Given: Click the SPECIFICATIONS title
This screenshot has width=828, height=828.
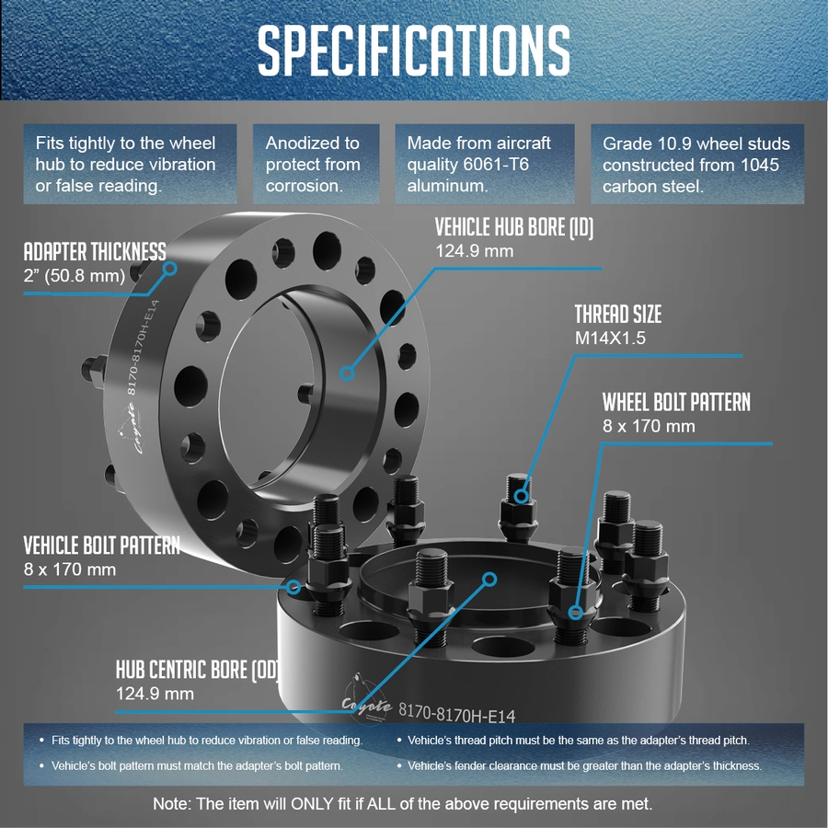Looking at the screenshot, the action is (x=413, y=51).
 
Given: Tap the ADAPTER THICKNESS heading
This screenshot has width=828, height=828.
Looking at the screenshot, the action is (x=95, y=252).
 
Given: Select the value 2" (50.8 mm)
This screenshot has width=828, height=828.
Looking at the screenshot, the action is (x=75, y=276).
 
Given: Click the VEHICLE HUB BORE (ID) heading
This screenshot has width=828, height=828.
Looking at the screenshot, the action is (x=514, y=227).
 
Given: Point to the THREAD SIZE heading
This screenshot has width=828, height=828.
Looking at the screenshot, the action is (x=618, y=315).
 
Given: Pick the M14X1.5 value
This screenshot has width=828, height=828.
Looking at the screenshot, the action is (x=610, y=338).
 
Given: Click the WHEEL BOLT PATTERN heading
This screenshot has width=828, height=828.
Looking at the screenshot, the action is (x=676, y=402).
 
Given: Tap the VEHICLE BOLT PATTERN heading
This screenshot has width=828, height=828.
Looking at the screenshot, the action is (x=102, y=546).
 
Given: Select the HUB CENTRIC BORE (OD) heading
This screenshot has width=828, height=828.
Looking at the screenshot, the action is (x=198, y=670).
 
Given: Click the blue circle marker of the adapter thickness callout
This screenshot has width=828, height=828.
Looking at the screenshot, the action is (x=169, y=269).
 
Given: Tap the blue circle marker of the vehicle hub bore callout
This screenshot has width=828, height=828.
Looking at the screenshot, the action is (x=347, y=374).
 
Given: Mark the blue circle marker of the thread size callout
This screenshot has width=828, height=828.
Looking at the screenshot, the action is (x=522, y=496).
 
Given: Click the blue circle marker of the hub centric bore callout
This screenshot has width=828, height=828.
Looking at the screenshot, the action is (x=489, y=580).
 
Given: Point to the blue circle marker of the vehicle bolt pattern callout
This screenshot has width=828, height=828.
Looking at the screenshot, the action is (x=293, y=587).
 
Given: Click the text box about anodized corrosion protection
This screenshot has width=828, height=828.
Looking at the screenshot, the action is (x=316, y=165).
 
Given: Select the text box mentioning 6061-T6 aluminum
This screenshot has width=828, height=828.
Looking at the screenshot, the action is (x=485, y=165).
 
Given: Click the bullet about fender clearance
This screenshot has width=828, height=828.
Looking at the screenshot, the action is (x=580, y=765).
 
